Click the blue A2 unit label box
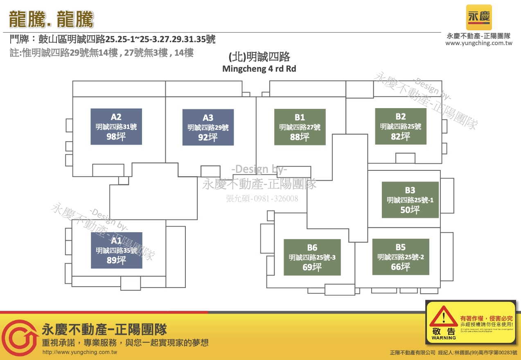pos(116,127)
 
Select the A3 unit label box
pos(208,127)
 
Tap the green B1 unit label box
pos(300,127)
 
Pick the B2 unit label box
pos(401,127)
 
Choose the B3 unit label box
pos(410,200)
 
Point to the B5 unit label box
pos(401,257)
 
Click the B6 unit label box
pos(312,257)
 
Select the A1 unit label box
pos(117,250)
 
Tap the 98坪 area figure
pos(116,137)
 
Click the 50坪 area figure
pos(410,210)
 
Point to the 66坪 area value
pos(401,267)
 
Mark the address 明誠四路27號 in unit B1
pos(300,127)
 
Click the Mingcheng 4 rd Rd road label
pos(259,69)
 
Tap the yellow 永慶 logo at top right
pos(479,17)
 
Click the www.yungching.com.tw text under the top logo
pos(479,43)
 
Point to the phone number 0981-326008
pos(262,199)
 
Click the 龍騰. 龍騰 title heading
pos(52,19)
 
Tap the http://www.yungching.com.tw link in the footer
pos(80,352)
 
